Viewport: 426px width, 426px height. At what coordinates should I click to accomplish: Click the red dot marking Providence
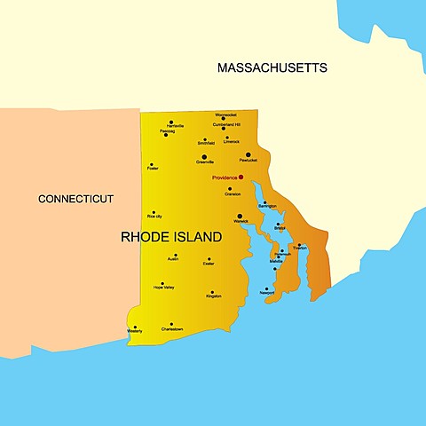click(x=241, y=177)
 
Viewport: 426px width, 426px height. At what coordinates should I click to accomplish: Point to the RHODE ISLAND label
click(x=171, y=238)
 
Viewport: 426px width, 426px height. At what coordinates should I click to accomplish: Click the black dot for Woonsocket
click(x=224, y=121)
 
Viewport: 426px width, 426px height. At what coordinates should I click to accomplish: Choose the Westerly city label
click(x=135, y=332)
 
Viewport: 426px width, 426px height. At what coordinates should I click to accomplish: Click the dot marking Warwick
click(x=240, y=215)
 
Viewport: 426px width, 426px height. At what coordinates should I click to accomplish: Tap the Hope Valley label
click(x=163, y=288)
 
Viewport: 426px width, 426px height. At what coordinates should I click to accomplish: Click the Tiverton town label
click(x=300, y=248)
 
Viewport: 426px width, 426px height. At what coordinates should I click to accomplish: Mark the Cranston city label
click(x=233, y=194)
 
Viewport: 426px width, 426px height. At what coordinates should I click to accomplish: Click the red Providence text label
click(x=224, y=177)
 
